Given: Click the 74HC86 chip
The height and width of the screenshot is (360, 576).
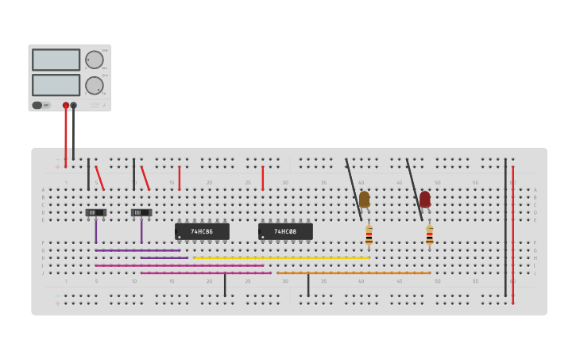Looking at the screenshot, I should pyautogui.click(x=202, y=231).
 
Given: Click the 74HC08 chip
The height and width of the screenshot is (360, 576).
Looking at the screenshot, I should pyautogui.click(x=285, y=231).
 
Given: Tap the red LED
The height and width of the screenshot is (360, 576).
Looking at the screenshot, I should pyautogui.click(x=425, y=199).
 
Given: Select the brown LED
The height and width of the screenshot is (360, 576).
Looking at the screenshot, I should pyautogui.click(x=364, y=199).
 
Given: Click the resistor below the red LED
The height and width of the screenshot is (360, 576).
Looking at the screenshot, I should pyautogui.click(x=429, y=234).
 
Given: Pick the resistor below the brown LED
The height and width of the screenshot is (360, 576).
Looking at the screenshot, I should pyautogui.click(x=369, y=234).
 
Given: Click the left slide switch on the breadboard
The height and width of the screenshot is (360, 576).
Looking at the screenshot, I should pyautogui.click(x=95, y=212).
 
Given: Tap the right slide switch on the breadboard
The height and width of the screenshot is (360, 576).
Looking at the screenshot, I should pyautogui.click(x=141, y=212).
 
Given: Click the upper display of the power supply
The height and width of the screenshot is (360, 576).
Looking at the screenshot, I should pyautogui.click(x=56, y=60).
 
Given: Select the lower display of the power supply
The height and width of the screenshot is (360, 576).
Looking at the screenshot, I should pyautogui.click(x=56, y=84).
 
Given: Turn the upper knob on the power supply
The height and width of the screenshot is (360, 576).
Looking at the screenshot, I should pyautogui.click(x=95, y=60).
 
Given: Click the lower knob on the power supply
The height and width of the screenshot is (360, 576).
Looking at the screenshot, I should pyautogui.click(x=95, y=85).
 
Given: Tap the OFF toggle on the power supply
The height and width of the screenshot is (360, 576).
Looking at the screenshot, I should pyautogui.click(x=41, y=105).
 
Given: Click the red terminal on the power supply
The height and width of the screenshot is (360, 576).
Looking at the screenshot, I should pyautogui.click(x=66, y=105).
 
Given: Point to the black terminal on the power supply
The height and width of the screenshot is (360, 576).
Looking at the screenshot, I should pyautogui.click(x=74, y=105).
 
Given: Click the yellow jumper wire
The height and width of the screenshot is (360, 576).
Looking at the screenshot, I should pyautogui.click(x=281, y=257).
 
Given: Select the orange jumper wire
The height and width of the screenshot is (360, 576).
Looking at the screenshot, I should pyautogui.click(x=354, y=273).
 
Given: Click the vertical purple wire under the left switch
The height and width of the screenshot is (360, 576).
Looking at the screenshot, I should pyautogui.click(x=95, y=231).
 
